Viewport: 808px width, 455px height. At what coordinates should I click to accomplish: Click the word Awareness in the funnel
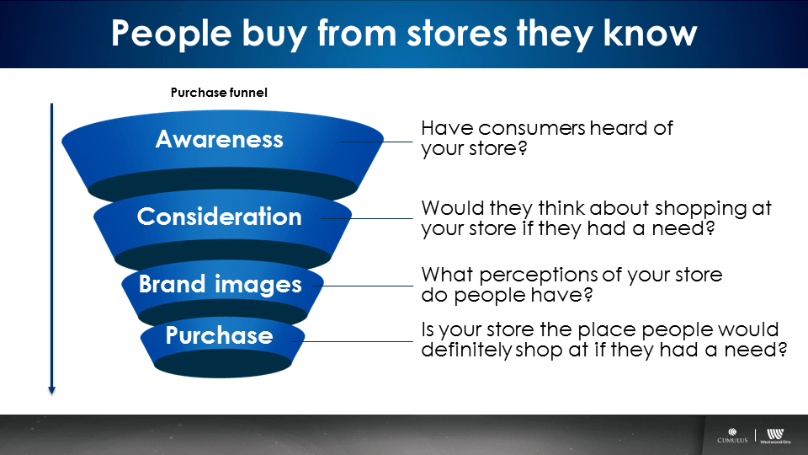(x=220, y=139)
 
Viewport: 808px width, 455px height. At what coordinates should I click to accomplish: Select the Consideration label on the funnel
(x=220, y=217)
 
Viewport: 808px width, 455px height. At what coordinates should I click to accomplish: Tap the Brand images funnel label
(x=220, y=285)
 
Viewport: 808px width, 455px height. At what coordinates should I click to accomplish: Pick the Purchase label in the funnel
(x=220, y=335)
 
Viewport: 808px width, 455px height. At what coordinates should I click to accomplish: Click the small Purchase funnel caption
(x=219, y=93)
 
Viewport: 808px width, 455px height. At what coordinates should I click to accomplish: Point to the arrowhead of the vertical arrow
(x=51, y=390)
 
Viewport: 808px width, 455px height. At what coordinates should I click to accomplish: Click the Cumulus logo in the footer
(x=732, y=436)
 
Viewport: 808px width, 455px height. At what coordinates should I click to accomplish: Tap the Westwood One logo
(x=775, y=436)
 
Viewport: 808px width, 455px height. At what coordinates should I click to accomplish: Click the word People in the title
(x=172, y=34)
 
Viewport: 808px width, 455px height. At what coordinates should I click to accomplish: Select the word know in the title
(x=651, y=33)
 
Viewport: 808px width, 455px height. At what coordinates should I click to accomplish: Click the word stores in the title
(x=457, y=34)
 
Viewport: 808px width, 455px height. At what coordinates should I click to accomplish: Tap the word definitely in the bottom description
(x=465, y=351)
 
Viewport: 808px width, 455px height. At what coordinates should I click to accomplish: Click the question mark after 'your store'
(x=523, y=148)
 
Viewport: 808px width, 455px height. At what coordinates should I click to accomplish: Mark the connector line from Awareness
(x=376, y=142)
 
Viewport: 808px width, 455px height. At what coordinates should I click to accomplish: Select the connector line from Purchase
(x=352, y=341)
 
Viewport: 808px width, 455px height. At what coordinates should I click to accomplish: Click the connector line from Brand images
(x=363, y=286)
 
